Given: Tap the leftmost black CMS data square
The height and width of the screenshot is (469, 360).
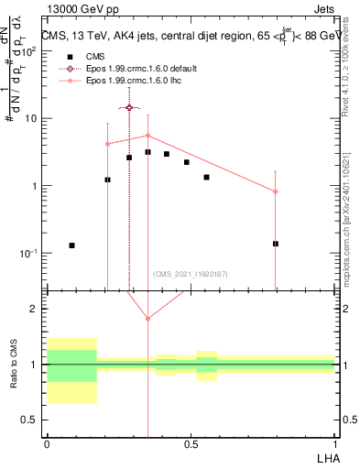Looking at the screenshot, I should click(71, 245).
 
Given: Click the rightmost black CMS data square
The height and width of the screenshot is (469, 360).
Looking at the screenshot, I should click(275, 244).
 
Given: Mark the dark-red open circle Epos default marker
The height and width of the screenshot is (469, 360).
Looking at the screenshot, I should click(129, 107).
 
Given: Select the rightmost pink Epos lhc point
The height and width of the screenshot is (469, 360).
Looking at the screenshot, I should click(275, 191).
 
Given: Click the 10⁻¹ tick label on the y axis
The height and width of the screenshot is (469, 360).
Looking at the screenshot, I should click(31, 254).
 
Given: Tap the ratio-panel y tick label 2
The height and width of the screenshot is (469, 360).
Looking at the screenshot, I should click(36, 309).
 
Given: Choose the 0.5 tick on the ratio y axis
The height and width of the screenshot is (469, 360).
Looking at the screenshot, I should click(34, 420).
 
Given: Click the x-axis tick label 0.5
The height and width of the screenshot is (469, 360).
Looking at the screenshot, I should click(191, 442).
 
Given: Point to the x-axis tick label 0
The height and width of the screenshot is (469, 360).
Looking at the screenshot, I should click(47, 442).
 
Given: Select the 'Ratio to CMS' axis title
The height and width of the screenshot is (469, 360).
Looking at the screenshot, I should click(13, 365).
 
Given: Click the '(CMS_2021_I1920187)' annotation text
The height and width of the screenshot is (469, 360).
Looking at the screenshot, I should click(190, 274).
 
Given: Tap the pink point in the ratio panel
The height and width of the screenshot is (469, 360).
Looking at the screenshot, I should click(147, 319).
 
